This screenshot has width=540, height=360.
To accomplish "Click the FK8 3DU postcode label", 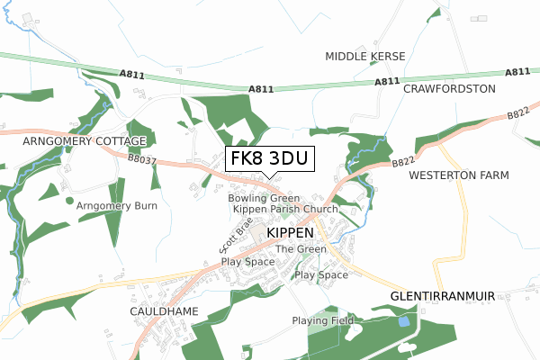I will click(269, 159).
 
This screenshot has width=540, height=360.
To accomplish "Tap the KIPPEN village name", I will click(291, 232).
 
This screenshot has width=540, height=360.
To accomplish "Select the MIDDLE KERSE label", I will click(364, 57).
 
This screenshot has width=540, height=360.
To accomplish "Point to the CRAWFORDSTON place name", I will click(449, 89).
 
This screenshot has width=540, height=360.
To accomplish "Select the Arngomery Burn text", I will click(117, 205).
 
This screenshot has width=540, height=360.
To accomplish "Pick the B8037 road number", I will click(141, 162).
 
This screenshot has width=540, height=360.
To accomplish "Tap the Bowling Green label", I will click(263, 197).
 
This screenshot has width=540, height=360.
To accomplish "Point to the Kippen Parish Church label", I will click(284, 209).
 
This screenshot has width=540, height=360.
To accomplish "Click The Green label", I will click(301, 249).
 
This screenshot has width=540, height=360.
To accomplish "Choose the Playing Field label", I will click(323, 320).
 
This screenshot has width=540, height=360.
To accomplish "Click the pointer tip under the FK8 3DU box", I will click(269, 177).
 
